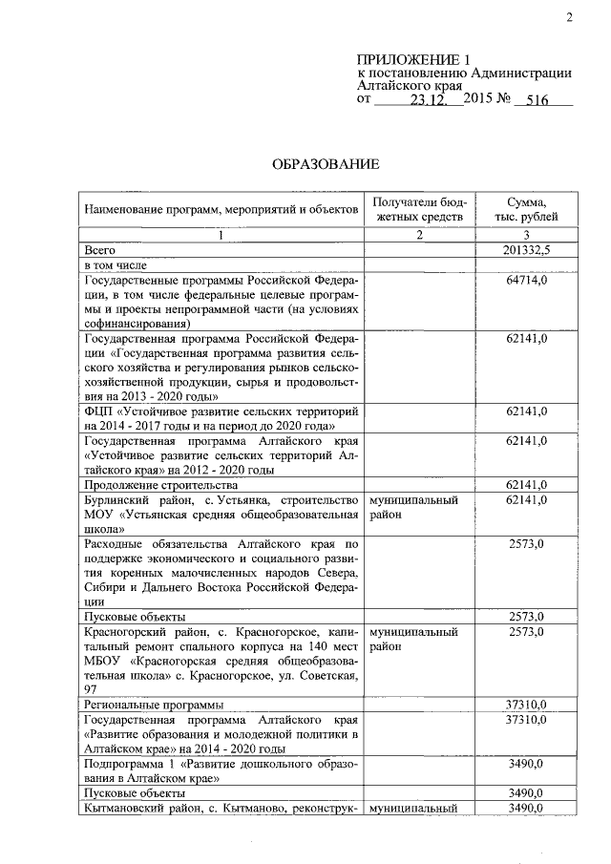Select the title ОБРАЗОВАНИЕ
click(320, 164)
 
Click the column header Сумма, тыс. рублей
click(526, 209)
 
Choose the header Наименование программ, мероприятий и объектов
click(221, 208)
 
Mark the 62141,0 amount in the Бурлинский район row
click(525, 500)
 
